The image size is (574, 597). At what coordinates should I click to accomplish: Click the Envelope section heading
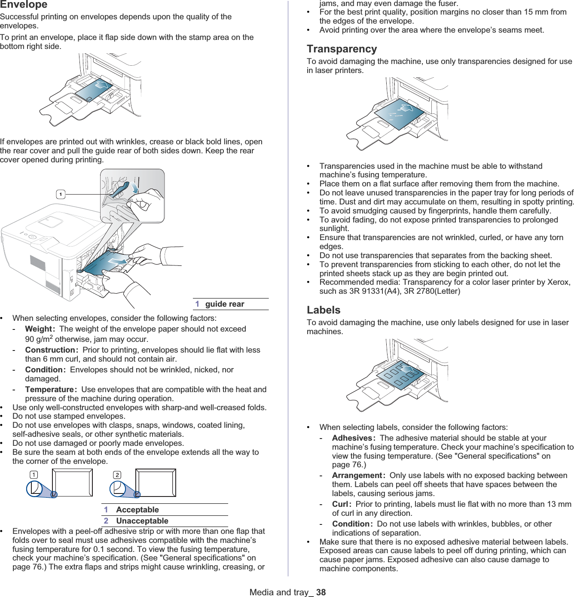point(24,5)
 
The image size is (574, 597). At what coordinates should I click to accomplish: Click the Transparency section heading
point(342,49)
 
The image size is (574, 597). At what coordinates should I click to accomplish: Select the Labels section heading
point(324,310)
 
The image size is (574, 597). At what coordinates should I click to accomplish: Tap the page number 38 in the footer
point(321,592)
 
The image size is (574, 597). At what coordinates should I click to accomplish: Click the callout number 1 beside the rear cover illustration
point(61,195)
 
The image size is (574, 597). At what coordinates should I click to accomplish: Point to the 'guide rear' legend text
point(224,304)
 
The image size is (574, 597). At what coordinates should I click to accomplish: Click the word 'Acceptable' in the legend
point(137,510)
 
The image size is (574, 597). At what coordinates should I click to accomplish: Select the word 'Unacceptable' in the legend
point(142,521)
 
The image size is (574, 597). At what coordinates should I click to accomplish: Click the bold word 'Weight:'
point(40,329)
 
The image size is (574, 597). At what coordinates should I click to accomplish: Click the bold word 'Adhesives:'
point(354,438)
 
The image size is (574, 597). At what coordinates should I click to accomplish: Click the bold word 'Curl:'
point(342,504)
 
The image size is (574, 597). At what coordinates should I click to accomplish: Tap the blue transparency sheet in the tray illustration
point(400,114)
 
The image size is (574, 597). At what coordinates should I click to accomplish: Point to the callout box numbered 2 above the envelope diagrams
point(117,475)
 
